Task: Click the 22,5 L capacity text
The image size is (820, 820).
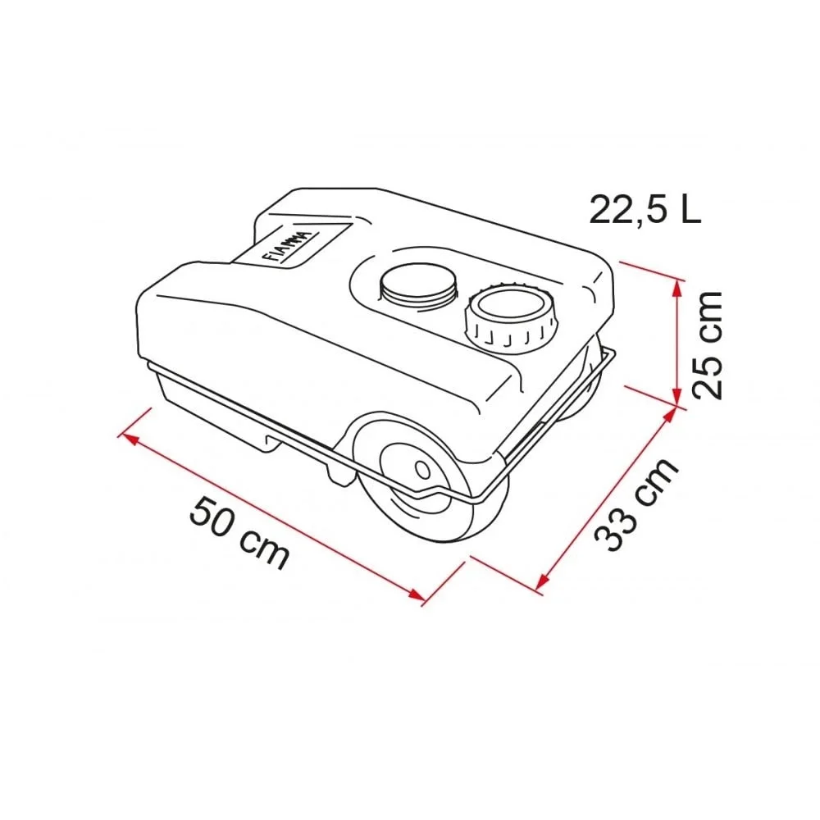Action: [645, 209]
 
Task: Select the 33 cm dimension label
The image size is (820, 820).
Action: [636, 504]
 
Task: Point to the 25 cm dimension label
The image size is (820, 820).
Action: [707, 345]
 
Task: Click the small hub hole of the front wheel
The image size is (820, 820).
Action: [422, 470]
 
